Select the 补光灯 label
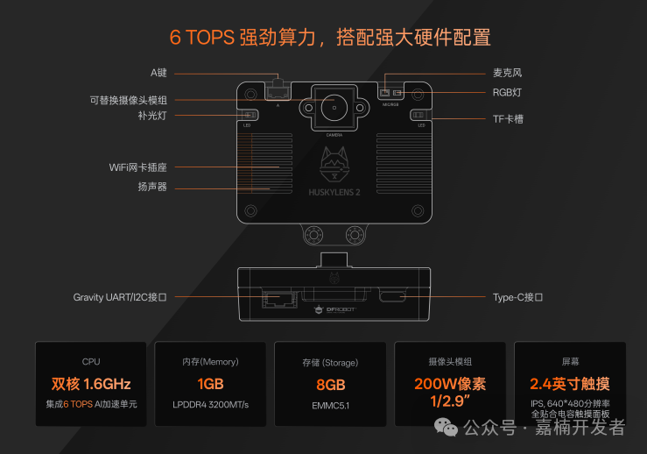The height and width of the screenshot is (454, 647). tap(151, 115)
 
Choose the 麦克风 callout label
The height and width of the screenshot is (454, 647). tap(507, 73)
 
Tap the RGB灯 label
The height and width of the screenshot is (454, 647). tap(507, 92)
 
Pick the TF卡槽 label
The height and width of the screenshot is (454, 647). tap(508, 118)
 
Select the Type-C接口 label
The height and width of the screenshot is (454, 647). tap(517, 297)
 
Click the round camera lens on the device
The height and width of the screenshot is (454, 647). tap(334, 109)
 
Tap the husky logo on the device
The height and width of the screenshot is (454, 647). tap(333, 166)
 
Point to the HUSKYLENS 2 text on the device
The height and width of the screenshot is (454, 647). tap(333, 191)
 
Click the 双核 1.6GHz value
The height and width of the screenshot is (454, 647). tap(91, 384)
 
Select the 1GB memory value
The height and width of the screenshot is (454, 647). tap(210, 384)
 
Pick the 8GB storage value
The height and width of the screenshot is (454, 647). tap(331, 384)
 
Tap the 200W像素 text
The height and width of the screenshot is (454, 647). tap(450, 383)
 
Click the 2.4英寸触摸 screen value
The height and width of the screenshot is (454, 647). tap(570, 384)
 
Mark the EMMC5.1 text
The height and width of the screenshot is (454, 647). tap(331, 405)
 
